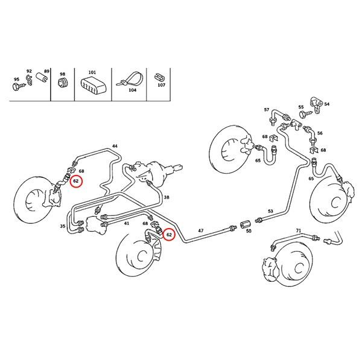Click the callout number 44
[115, 147]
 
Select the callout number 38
[167, 198]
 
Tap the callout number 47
[202, 231]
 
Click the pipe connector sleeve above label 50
[246, 227]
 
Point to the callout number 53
[271, 211]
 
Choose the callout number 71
[298, 231]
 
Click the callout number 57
[266, 110]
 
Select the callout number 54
[327, 104]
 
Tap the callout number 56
[320, 133]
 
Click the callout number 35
[62, 226]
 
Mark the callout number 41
[126, 223]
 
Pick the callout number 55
[301, 107]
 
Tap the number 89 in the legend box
[46, 71]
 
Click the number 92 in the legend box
[28, 71]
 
